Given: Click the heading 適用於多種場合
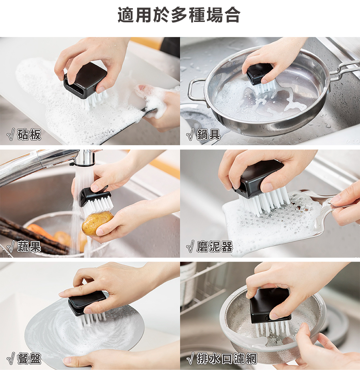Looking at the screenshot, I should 179,15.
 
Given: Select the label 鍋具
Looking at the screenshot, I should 209,135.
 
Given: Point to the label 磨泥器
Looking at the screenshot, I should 215,247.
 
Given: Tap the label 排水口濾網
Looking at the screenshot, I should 227,359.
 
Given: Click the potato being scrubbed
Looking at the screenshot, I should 97,223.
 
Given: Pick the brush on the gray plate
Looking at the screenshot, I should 86,303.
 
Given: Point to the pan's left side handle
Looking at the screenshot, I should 194,90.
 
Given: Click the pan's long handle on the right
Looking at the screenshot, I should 344,69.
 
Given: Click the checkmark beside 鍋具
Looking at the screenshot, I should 190,135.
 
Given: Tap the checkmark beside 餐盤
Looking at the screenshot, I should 11,359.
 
